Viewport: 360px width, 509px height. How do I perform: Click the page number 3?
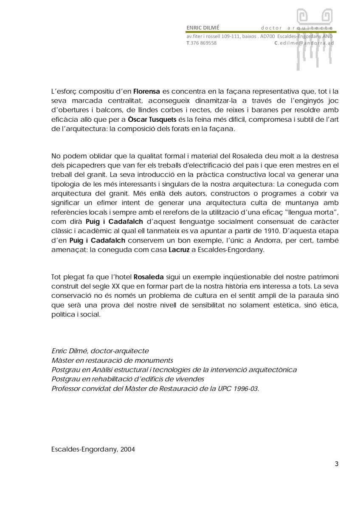[x=337, y=464]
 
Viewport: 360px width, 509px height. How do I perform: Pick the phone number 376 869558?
[x=203, y=43]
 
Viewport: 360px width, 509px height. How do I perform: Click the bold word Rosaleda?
[x=149, y=277]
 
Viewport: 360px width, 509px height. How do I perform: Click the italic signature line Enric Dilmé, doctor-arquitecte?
[x=100, y=351]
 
